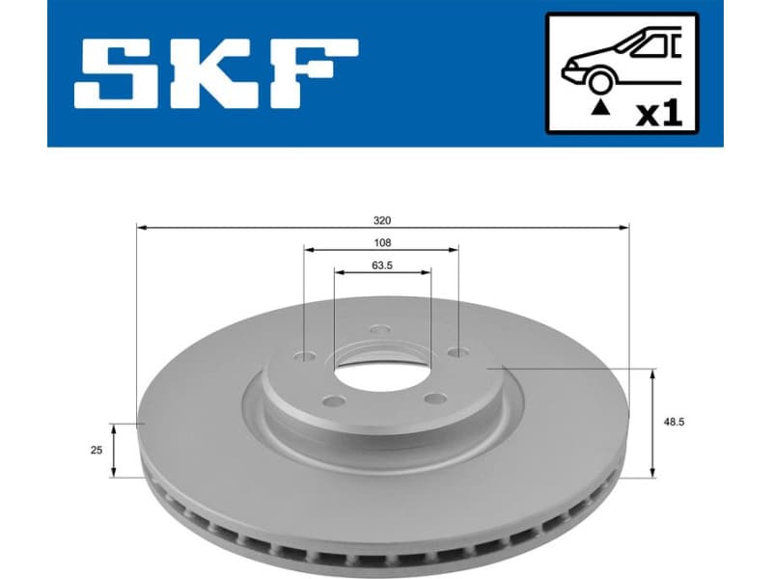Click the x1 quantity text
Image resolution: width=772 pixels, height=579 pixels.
[x=660, y=114]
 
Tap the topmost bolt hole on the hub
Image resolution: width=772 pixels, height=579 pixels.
[x=379, y=330]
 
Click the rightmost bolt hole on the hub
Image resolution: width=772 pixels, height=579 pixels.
[x=455, y=353]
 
